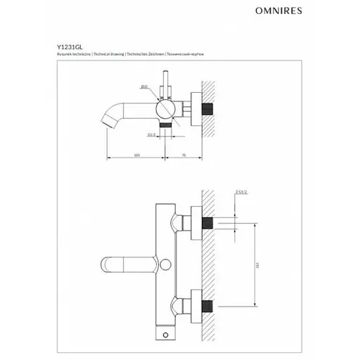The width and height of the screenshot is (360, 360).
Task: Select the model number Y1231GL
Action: (x=69, y=48)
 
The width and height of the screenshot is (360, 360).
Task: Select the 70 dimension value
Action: (x=184, y=153)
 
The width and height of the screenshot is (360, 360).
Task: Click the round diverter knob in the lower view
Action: (x=166, y=264)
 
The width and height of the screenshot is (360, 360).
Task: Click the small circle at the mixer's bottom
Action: (x=167, y=331)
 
